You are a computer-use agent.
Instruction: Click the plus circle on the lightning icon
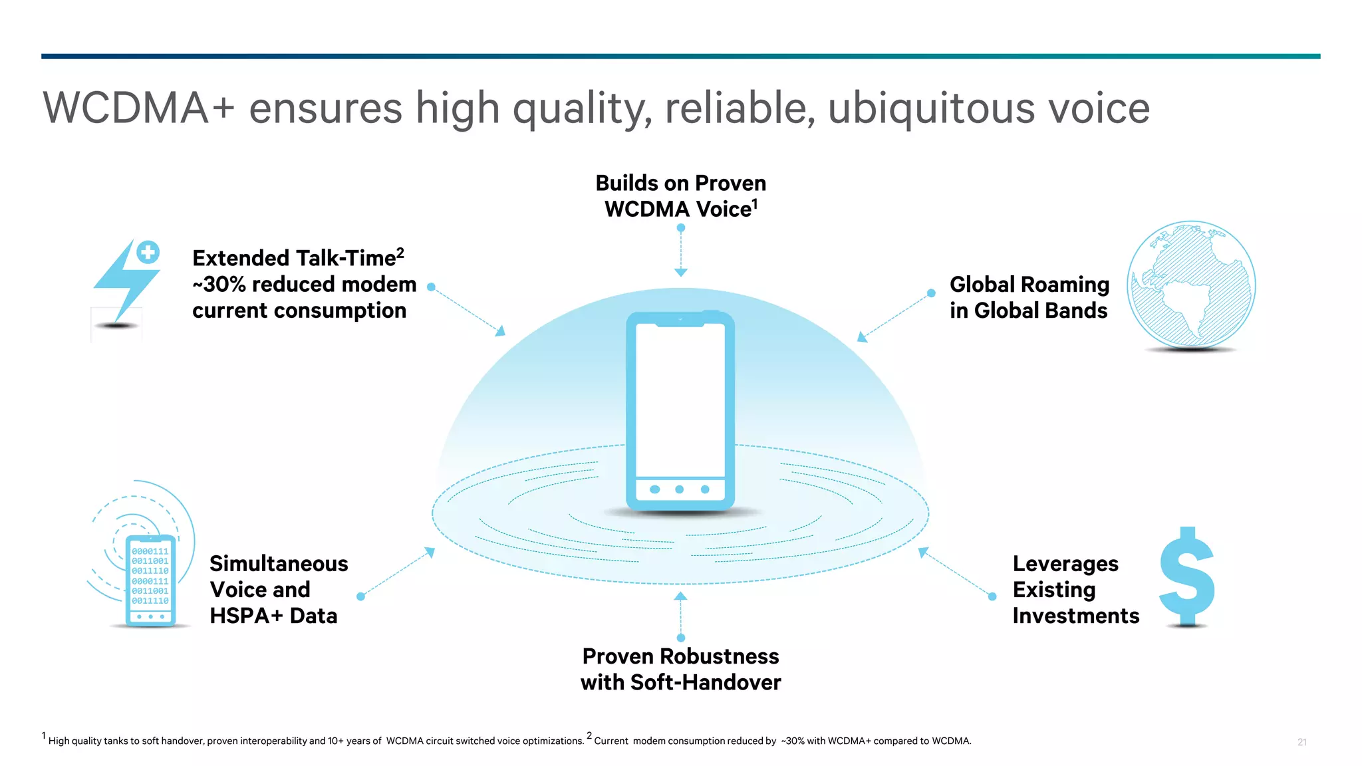pyautogui.click(x=148, y=252)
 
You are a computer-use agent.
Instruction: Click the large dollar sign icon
pyautogui.click(x=1187, y=576)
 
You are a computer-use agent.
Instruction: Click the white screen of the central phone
pyautogui.click(x=680, y=399)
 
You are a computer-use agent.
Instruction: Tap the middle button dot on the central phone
pyautogui.click(x=679, y=489)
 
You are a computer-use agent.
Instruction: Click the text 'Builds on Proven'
pyautogui.click(x=680, y=183)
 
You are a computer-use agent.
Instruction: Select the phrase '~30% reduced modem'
pyautogui.click(x=304, y=285)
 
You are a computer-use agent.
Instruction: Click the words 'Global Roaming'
pyautogui.click(x=1029, y=285)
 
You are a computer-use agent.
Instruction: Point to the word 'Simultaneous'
pyautogui.click(x=279, y=564)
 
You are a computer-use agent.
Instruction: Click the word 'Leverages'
pyautogui.click(x=1065, y=564)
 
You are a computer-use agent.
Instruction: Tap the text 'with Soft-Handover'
pyautogui.click(x=680, y=682)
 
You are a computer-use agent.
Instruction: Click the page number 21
pyautogui.click(x=1301, y=742)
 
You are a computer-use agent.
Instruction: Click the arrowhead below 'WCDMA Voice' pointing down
pyautogui.click(x=680, y=272)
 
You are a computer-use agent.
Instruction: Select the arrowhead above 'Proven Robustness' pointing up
pyautogui.click(x=680, y=596)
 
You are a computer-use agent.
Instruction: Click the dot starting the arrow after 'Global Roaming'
pyautogui.click(x=931, y=293)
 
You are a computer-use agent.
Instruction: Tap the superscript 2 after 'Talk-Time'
pyautogui.click(x=400, y=252)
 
